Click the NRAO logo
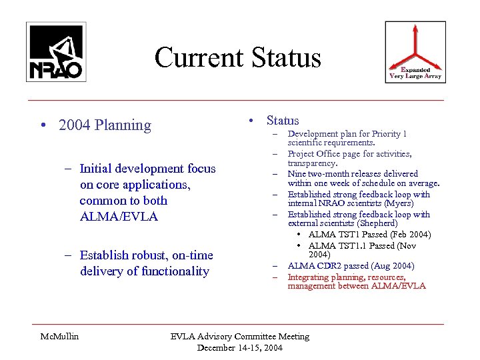pyautogui.click(x=56, y=52)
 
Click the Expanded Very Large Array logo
pyautogui.click(x=415, y=52)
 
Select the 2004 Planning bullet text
pyautogui.click(x=105, y=125)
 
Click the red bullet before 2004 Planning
pyautogui.click(x=42, y=126)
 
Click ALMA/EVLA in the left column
pyautogui.click(x=119, y=217)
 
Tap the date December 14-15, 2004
pyautogui.click(x=240, y=347)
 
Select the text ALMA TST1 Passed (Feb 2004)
pyautogui.click(x=370, y=235)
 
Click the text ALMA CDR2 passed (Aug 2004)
pyautogui.click(x=351, y=266)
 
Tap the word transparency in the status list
pyautogui.click(x=312, y=163)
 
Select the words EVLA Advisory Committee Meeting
pyautogui.click(x=240, y=337)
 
